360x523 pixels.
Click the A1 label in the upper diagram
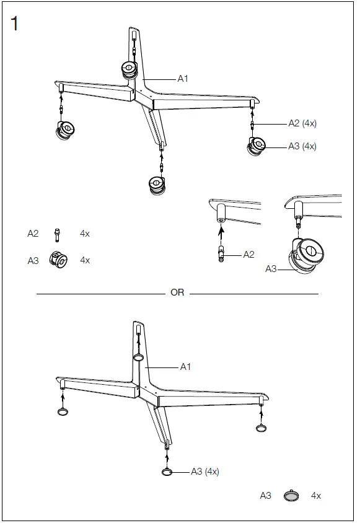(183, 79)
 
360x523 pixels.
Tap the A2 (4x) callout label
(302, 123)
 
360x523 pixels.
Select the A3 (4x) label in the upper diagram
(302, 146)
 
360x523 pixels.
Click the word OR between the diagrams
(177, 292)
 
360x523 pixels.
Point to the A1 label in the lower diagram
(185, 367)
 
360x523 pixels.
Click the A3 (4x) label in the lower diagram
(204, 472)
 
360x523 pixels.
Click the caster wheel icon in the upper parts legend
(59, 260)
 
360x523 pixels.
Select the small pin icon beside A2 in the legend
(57, 234)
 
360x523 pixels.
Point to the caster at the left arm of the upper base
(64, 131)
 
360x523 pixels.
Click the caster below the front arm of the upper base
(157, 185)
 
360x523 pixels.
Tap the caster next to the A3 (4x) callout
(257, 147)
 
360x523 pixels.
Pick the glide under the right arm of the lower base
(261, 428)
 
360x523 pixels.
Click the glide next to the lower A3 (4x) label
(167, 472)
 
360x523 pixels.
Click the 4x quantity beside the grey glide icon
(316, 496)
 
